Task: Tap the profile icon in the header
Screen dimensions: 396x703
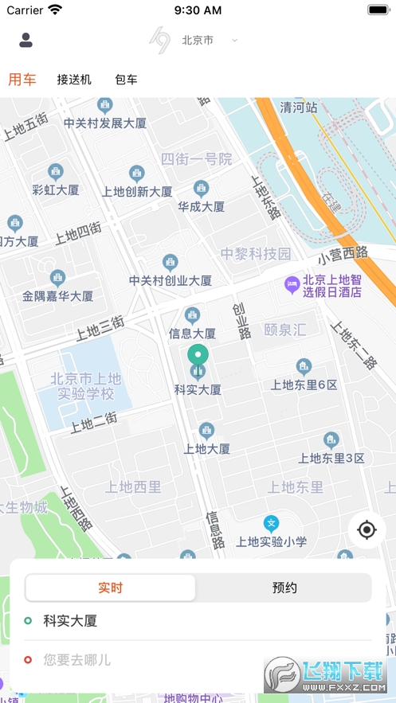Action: click(x=25, y=40)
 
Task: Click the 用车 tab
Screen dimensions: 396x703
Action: click(x=22, y=79)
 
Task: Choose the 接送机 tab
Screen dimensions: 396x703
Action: click(x=74, y=80)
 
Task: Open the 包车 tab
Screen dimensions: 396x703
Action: click(x=126, y=80)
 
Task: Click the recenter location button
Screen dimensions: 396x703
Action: click(x=367, y=529)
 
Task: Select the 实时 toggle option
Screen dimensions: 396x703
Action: click(x=111, y=588)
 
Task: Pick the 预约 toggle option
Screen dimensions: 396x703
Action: click(x=284, y=588)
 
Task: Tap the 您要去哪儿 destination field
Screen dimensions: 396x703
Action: click(x=77, y=659)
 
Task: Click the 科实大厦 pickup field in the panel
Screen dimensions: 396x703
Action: click(x=70, y=621)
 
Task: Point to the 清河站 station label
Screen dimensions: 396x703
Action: click(x=299, y=107)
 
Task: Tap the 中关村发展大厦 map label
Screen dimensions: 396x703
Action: click(x=105, y=123)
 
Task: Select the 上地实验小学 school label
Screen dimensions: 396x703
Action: click(x=272, y=541)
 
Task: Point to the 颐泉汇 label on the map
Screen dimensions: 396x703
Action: click(x=284, y=329)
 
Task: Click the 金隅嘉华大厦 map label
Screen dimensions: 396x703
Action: click(x=57, y=295)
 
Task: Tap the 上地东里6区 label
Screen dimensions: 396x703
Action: click(x=304, y=385)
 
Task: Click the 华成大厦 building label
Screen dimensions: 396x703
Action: click(x=201, y=206)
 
